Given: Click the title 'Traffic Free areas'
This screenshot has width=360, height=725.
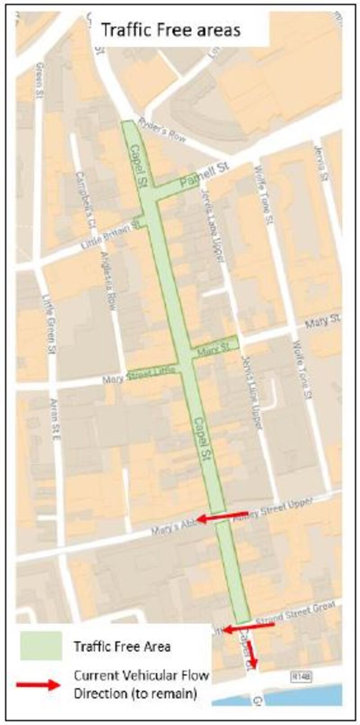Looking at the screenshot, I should [171, 30].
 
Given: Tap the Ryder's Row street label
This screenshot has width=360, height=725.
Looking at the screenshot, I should [162, 130].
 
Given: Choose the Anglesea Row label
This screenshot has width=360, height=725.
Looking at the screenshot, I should [109, 280].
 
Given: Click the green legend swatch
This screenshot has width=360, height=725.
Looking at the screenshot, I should [41, 645].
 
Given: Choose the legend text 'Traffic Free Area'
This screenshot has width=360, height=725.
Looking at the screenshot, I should [122, 647].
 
